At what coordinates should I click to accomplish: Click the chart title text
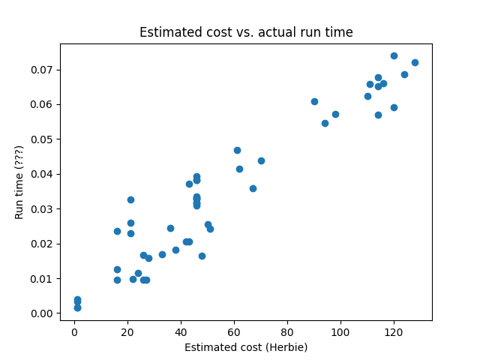(246, 32)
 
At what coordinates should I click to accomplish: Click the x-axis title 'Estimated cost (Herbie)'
(246, 347)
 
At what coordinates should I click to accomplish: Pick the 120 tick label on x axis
(394, 332)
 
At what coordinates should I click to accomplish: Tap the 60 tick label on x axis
(234, 332)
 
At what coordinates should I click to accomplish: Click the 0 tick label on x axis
(74, 332)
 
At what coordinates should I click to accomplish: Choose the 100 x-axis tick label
(340, 332)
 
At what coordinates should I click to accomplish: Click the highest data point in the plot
(394, 55)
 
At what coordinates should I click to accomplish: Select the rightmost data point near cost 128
(415, 62)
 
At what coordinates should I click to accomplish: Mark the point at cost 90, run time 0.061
(314, 101)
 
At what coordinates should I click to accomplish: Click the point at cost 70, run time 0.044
(261, 160)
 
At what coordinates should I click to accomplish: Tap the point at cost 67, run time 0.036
(253, 188)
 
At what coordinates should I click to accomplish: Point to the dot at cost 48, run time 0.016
(202, 256)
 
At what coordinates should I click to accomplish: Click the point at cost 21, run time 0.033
(130, 199)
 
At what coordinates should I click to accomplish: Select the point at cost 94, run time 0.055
(325, 123)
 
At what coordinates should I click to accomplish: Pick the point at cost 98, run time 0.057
(335, 114)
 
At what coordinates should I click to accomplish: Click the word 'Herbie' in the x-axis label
(287, 347)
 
